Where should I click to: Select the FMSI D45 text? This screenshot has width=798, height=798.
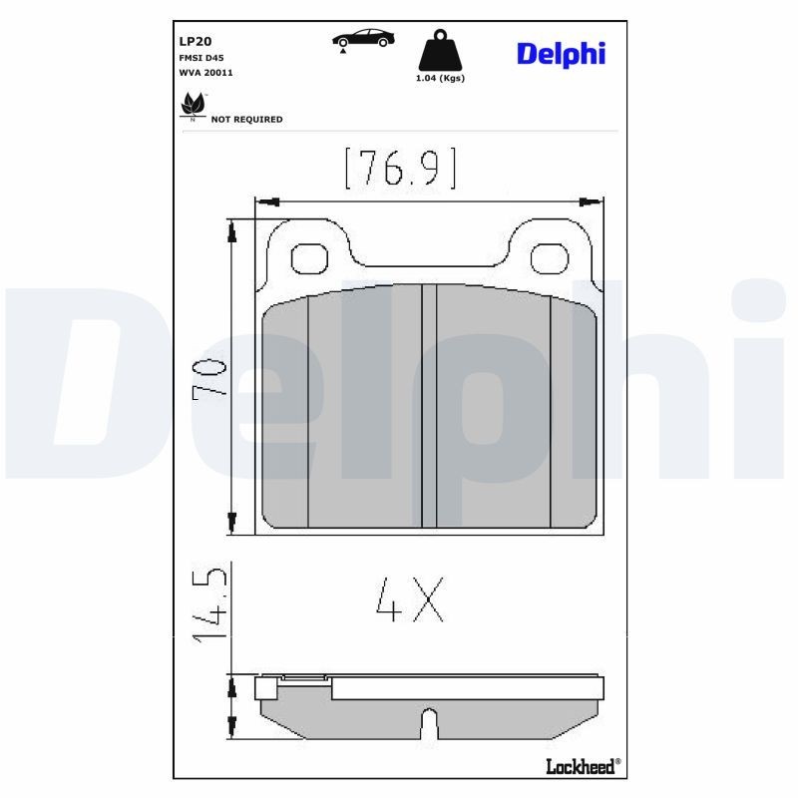(x=200, y=59)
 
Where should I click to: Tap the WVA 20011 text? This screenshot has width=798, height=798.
(x=205, y=73)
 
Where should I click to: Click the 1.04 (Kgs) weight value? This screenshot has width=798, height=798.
(x=440, y=78)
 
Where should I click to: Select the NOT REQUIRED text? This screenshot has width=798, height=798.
(x=246, y=120)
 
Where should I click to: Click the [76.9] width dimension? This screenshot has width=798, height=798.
(x=400, y=169)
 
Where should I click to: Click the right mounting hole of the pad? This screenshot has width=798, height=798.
(x=550, y=259)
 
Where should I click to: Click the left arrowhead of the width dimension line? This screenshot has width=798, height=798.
(x=263, y=200)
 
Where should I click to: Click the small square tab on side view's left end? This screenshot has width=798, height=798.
(x=265, y=688)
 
